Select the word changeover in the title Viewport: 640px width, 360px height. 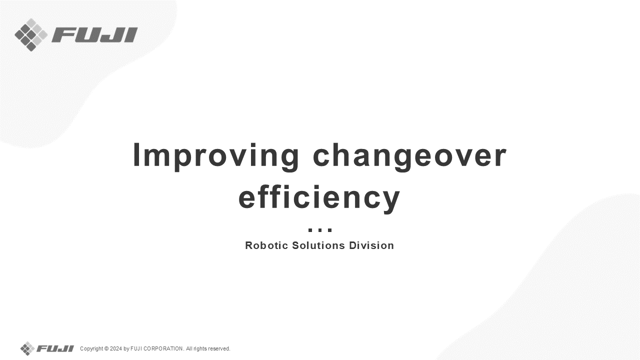(x=409, y=156)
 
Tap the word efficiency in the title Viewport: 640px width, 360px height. (x=319, y=198)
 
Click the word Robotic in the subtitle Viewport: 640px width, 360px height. (x=266, y=245)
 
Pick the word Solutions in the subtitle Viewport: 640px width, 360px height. (x=318, y=245)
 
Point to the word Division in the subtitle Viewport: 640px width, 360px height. (x=371, y=245)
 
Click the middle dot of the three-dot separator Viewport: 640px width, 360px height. (x=320, y=230)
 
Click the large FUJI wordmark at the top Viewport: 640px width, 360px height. (x=94, y=35)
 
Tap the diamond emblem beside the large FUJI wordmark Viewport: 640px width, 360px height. (x=31, y=35)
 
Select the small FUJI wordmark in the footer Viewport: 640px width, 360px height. (x=55, y=348)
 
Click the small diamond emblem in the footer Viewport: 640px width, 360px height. (x=27, y=348)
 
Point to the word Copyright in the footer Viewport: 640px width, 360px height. (x=91, y=349)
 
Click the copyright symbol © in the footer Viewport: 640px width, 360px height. (x=106, y=349)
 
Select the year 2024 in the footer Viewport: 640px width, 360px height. (x=116, y=348)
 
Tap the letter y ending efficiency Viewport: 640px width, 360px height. (x=391, y=201)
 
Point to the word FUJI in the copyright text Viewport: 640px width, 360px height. (x=136, y=348)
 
